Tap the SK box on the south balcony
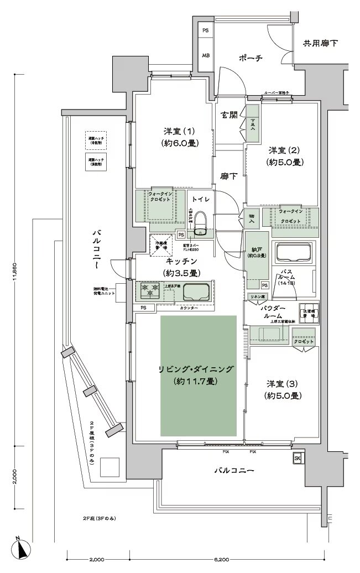(x=297, y=459)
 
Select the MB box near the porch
(x=205, y=56)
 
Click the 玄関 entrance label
(x=229, y=116)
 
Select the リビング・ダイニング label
(x=197, y=369)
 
